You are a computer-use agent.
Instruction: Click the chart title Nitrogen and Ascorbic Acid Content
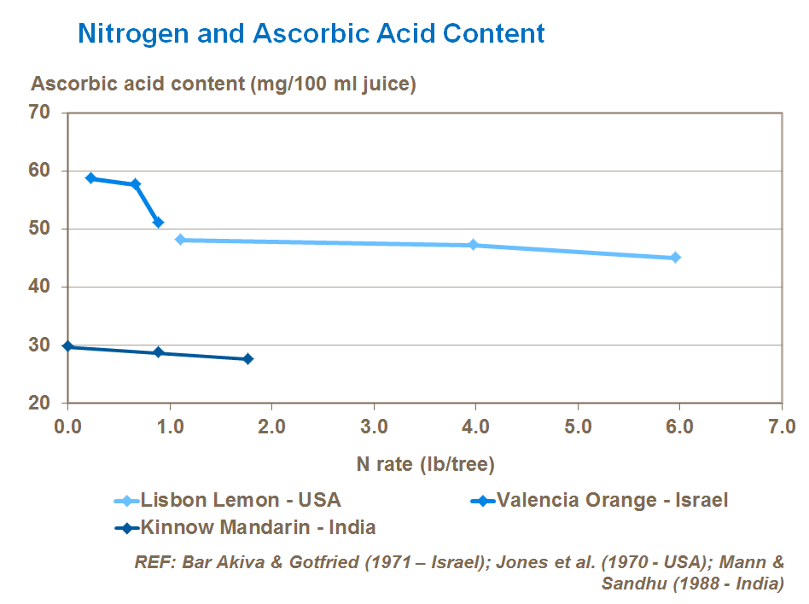[x=311, y=34]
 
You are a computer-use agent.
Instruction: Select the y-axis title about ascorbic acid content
[x=224, y=84]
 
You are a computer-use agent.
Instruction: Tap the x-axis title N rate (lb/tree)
[x=425, y=464]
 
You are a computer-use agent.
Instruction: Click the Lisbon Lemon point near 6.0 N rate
[x=675, y=257]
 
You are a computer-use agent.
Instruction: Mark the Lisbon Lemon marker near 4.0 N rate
[x=473, y=245]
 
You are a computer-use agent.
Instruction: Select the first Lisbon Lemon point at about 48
[x=180, y=240]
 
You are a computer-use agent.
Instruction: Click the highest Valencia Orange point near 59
[x=90, y=178]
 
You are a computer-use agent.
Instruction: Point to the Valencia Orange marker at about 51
[x=158, y=222]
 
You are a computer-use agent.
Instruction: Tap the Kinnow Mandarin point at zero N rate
[x=68, y=346]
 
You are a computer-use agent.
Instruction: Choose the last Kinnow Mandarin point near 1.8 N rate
[x=247, y=359]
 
